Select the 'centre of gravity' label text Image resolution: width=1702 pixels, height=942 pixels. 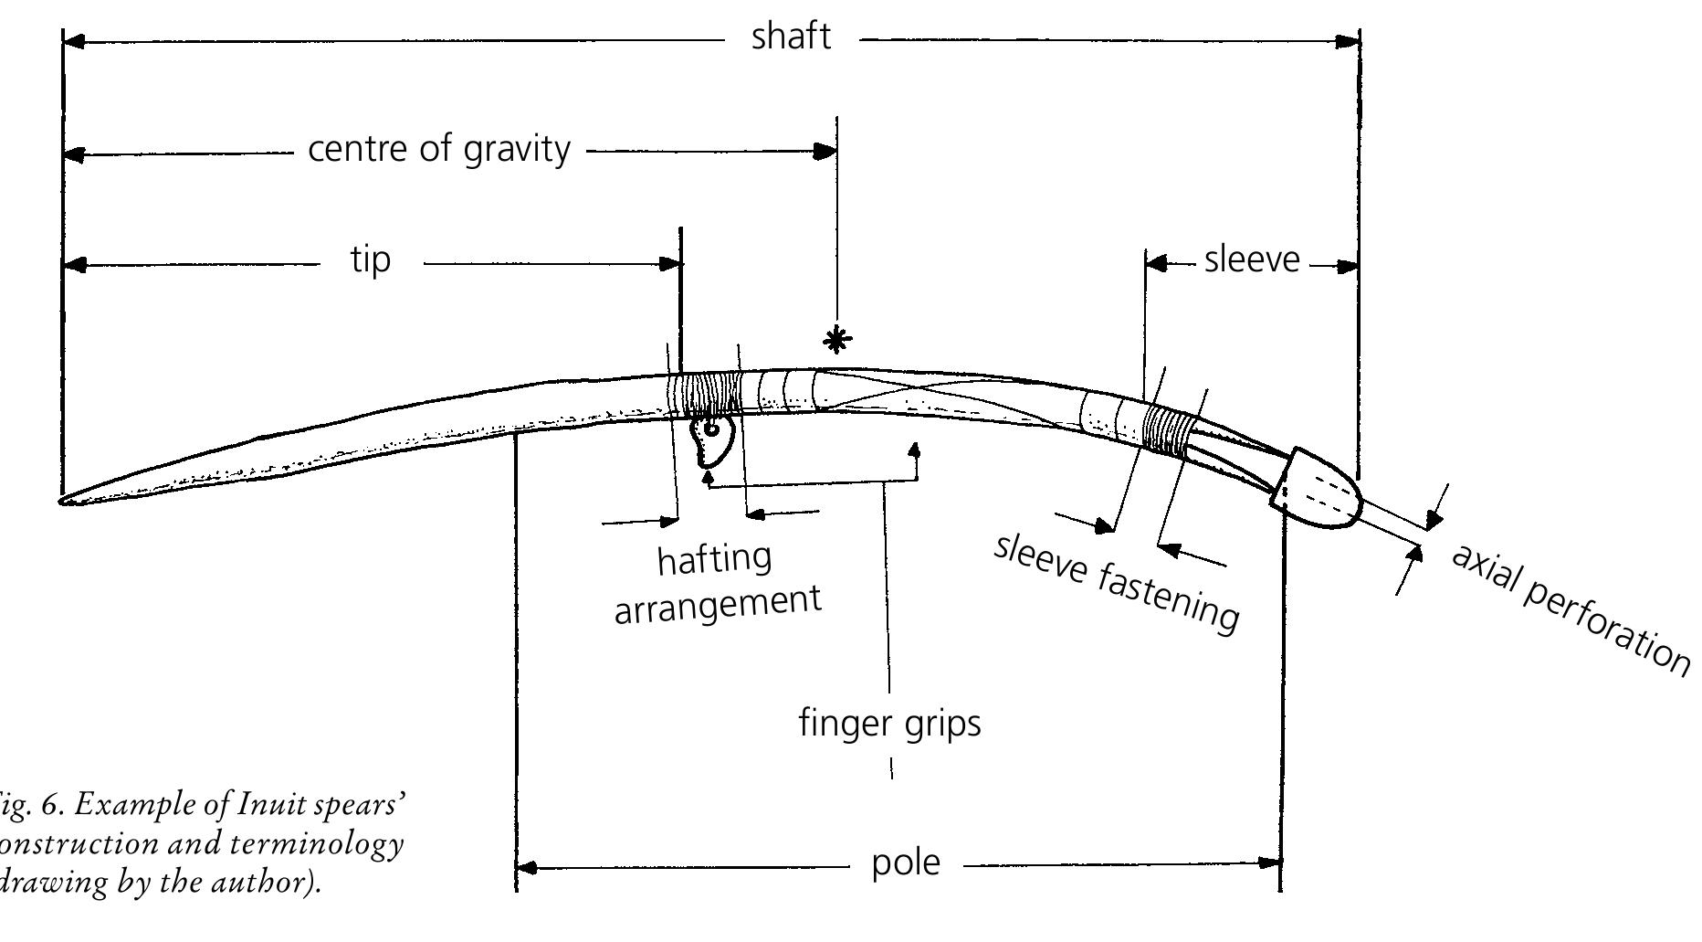click(439, 149)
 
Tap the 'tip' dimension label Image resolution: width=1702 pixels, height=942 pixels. click(371, 260)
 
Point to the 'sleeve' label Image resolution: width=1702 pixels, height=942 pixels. click(1251, 259)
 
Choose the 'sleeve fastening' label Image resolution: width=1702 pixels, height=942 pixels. click(1116, 581)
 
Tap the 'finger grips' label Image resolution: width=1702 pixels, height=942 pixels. click(889, 724)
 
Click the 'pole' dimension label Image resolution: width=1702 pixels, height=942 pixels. click(905, 863)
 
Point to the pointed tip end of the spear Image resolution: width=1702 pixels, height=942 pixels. click(66, 499)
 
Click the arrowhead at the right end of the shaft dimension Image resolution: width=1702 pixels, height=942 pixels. click(1348, 41)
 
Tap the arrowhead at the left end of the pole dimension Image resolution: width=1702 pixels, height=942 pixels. click(528, 866)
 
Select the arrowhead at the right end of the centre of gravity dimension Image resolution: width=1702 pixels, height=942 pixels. click(825, 151)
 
